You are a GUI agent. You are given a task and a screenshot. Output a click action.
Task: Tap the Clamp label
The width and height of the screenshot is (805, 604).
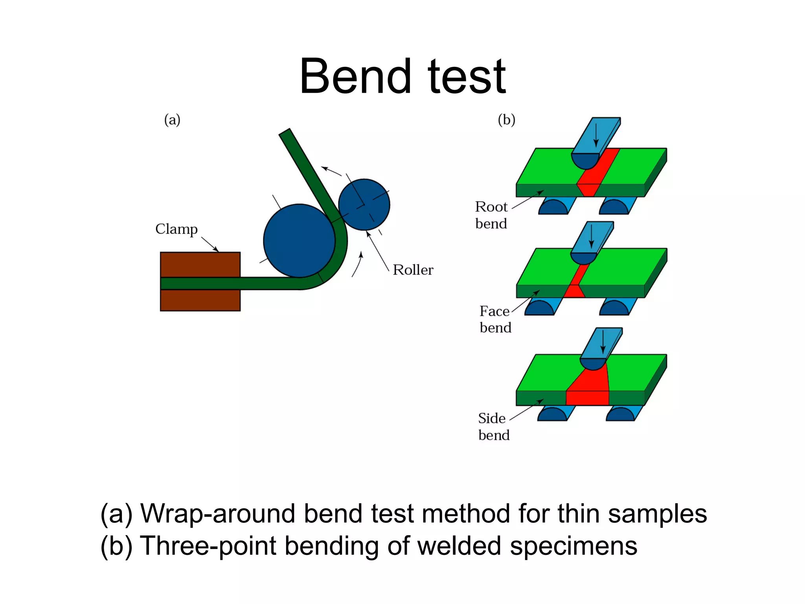(176, 229)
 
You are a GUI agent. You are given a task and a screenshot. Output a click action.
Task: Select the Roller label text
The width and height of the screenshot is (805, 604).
(413, 270)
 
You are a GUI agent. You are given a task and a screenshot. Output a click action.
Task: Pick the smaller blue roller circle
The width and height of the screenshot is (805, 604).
(364, 204)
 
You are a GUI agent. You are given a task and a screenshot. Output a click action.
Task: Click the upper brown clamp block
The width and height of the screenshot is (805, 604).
(200, 264)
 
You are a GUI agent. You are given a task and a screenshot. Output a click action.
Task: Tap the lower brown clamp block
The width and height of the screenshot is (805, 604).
(200, 300)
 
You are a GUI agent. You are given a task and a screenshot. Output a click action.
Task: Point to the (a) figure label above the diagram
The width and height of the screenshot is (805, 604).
(172, 120)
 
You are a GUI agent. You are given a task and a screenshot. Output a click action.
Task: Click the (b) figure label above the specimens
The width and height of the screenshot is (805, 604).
(506, 120)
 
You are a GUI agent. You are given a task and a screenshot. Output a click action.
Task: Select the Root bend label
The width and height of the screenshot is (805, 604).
(491, 215)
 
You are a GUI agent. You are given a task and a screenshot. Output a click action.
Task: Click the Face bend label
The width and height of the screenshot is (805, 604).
(495, 319)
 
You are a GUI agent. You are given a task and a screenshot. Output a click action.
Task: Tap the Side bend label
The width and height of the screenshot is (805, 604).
(493, 426)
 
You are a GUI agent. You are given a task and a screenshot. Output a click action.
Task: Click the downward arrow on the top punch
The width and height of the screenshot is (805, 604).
(596, 136)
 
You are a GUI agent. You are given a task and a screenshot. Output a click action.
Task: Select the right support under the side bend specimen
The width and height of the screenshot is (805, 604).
(623, 414)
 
